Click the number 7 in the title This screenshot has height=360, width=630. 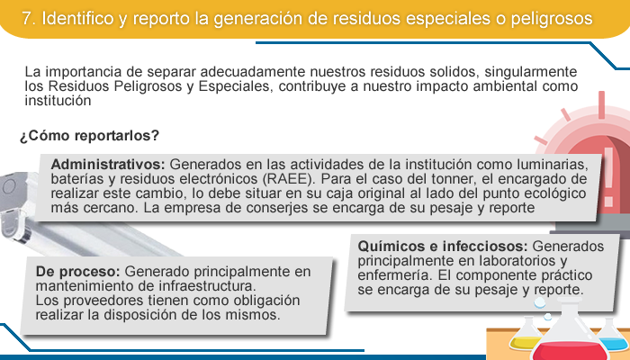pos(26,19)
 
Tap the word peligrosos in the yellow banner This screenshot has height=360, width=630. pos(552,19)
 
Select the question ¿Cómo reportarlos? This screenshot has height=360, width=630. pos(90,136)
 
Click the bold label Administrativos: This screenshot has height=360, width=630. pos(108,165)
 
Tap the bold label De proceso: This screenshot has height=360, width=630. pos(78,272)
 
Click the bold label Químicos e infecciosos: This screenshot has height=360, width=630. pos(443,246)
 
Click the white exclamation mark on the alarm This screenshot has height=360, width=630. pos(609,176)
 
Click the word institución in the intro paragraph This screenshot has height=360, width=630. pos(58,101)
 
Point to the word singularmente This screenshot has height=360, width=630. pos(531,72)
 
